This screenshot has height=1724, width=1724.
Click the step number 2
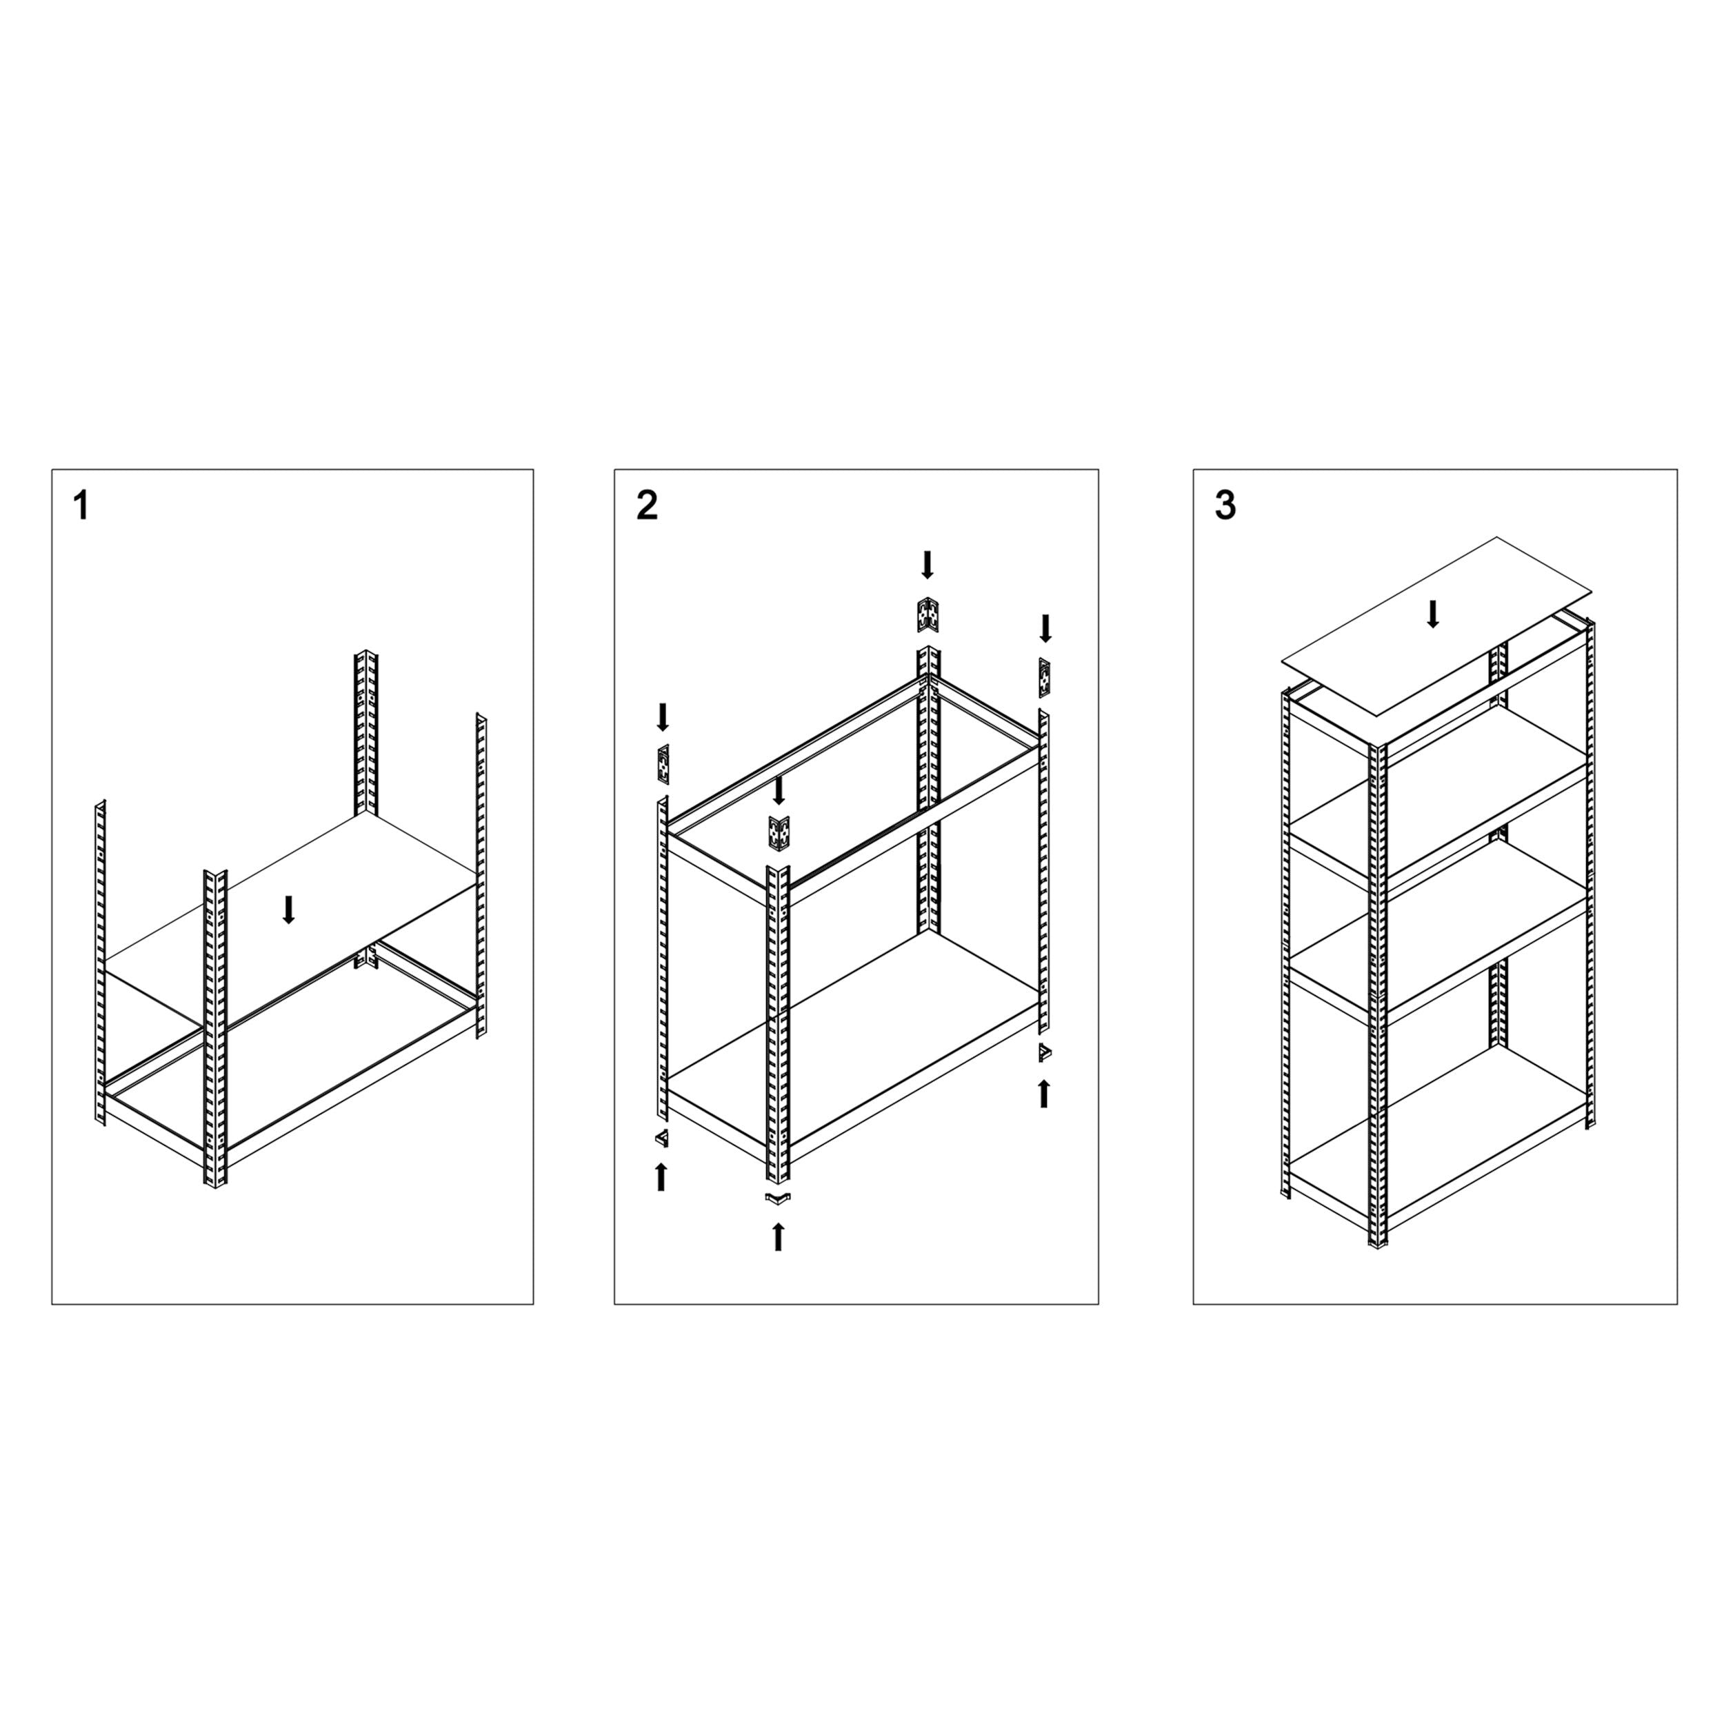[647, 506]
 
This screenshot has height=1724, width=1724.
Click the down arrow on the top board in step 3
[1432, 613]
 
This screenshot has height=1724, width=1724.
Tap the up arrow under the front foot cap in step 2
[778, 1236]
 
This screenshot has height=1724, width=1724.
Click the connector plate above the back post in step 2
[927, 615]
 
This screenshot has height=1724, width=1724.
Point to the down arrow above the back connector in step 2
[927, 564]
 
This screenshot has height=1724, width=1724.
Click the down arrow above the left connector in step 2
[663, 716]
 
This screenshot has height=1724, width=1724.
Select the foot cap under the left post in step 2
[661, 1138]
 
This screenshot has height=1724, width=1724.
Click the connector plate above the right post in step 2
[1044, 678]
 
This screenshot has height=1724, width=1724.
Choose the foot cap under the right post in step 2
[1045, 1053]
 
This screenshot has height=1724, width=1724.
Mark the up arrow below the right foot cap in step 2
[1044, 1093]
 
